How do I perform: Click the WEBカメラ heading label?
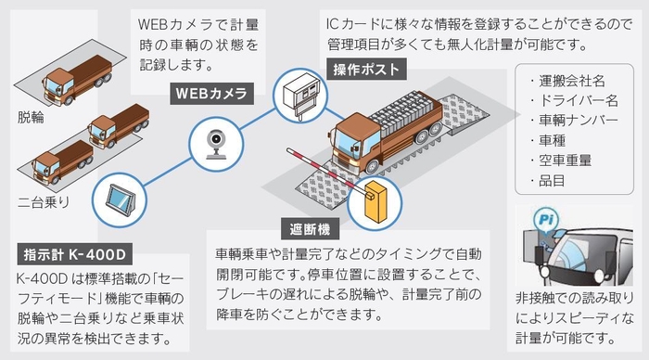tap(212, 94)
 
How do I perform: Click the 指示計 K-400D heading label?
tap(70, 252)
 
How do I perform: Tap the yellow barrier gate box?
tap(375, 203)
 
